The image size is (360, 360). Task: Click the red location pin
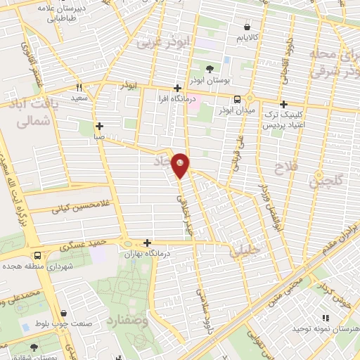[x=181, y=165]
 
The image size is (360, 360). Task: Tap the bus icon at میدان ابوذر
[x=237, y=99]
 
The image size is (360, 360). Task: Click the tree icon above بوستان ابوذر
[x=210, y=68]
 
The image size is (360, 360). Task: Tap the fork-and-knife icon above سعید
[x=79, y=88]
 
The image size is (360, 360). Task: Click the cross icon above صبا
[x=100, y=126]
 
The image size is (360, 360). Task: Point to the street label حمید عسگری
[x=83, y=244]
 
